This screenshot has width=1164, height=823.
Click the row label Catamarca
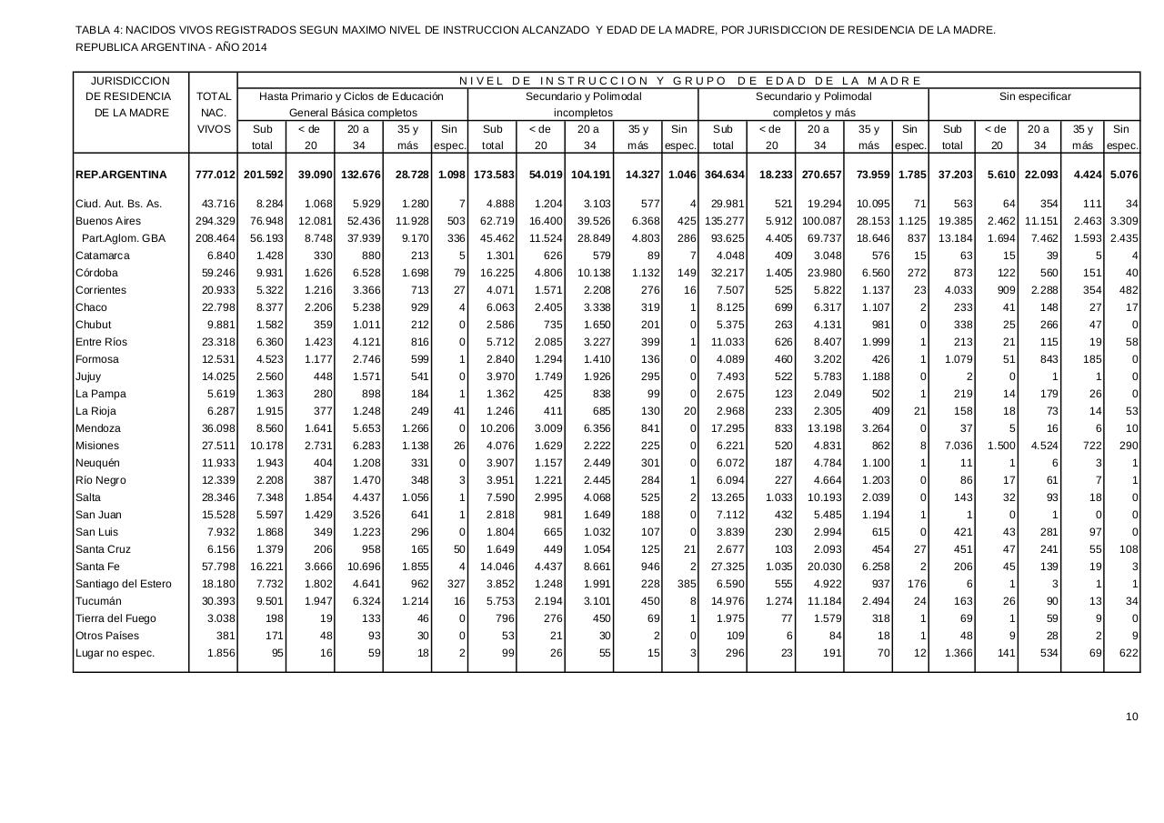103,256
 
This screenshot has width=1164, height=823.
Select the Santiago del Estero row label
123,584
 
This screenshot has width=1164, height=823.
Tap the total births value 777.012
215,175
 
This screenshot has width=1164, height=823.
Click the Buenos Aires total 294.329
215,221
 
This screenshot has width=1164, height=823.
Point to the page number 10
1131,717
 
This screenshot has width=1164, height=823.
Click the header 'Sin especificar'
1034,96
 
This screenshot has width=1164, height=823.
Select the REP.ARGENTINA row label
121,175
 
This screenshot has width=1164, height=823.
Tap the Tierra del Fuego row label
115,618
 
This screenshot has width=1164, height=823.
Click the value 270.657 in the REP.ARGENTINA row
821,175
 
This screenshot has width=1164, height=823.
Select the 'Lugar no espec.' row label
115,653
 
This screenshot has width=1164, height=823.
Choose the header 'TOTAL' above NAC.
214,96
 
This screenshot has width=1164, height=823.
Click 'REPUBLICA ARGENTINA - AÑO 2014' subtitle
171,47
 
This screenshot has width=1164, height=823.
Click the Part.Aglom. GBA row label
124,238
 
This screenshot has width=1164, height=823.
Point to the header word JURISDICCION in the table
131,81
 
